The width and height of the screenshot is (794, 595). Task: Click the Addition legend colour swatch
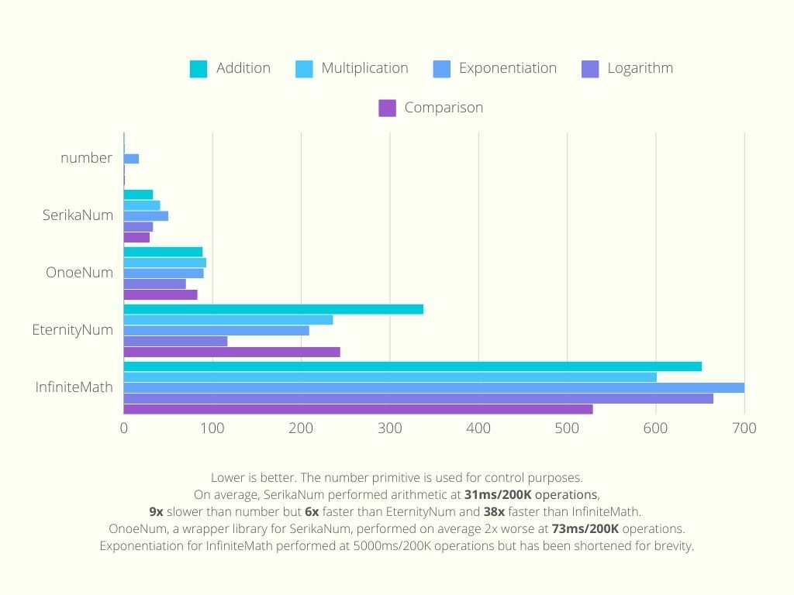click(198, 69)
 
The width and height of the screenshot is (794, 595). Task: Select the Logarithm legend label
click(640, 68)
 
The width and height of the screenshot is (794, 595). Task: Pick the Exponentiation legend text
click(507, 68)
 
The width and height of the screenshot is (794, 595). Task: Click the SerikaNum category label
click(78, 215)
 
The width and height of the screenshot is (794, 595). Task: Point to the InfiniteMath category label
click(74, 387)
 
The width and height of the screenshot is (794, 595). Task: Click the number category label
click(86, 158)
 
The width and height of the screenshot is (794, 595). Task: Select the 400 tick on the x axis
click(478, 428)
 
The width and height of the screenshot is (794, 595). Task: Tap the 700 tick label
click(744, 428)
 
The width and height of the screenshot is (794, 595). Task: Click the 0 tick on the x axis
click(124, 428)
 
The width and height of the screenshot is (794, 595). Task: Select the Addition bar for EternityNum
click(274, 309)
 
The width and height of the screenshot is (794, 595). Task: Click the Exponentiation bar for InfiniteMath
click(434, 387)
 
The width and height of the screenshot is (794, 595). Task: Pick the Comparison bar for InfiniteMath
click(358, 409)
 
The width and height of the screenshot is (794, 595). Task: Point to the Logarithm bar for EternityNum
click(176, 341)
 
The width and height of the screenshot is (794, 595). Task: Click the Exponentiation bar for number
click(132, 159)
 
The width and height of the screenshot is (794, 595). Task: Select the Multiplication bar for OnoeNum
click(165, 263)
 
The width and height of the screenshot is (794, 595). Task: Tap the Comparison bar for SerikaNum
click(137, 237)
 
